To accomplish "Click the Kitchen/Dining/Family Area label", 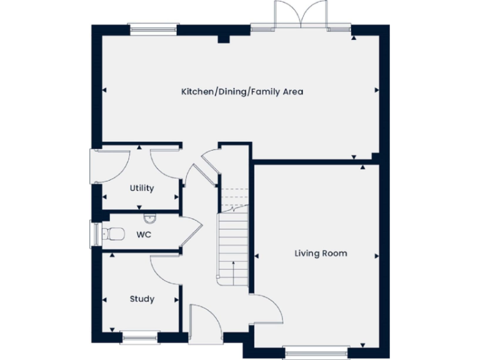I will (x=242, y=92).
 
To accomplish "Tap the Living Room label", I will (x=321, y=253).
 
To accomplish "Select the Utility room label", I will (x=142, y=188).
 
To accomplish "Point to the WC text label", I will (x=143, y=235).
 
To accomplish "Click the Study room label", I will (x=142, y=299).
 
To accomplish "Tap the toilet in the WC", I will (x=114, y=234).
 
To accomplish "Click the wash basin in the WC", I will (x=149, y=219).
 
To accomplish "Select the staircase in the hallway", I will (x=233, y=244).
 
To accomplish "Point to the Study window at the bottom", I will (x=140, y=338).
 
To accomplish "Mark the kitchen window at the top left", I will (x=152, y=27).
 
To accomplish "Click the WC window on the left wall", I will (x=96, y=234).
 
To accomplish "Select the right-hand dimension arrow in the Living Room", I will (x=377, y=256).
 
